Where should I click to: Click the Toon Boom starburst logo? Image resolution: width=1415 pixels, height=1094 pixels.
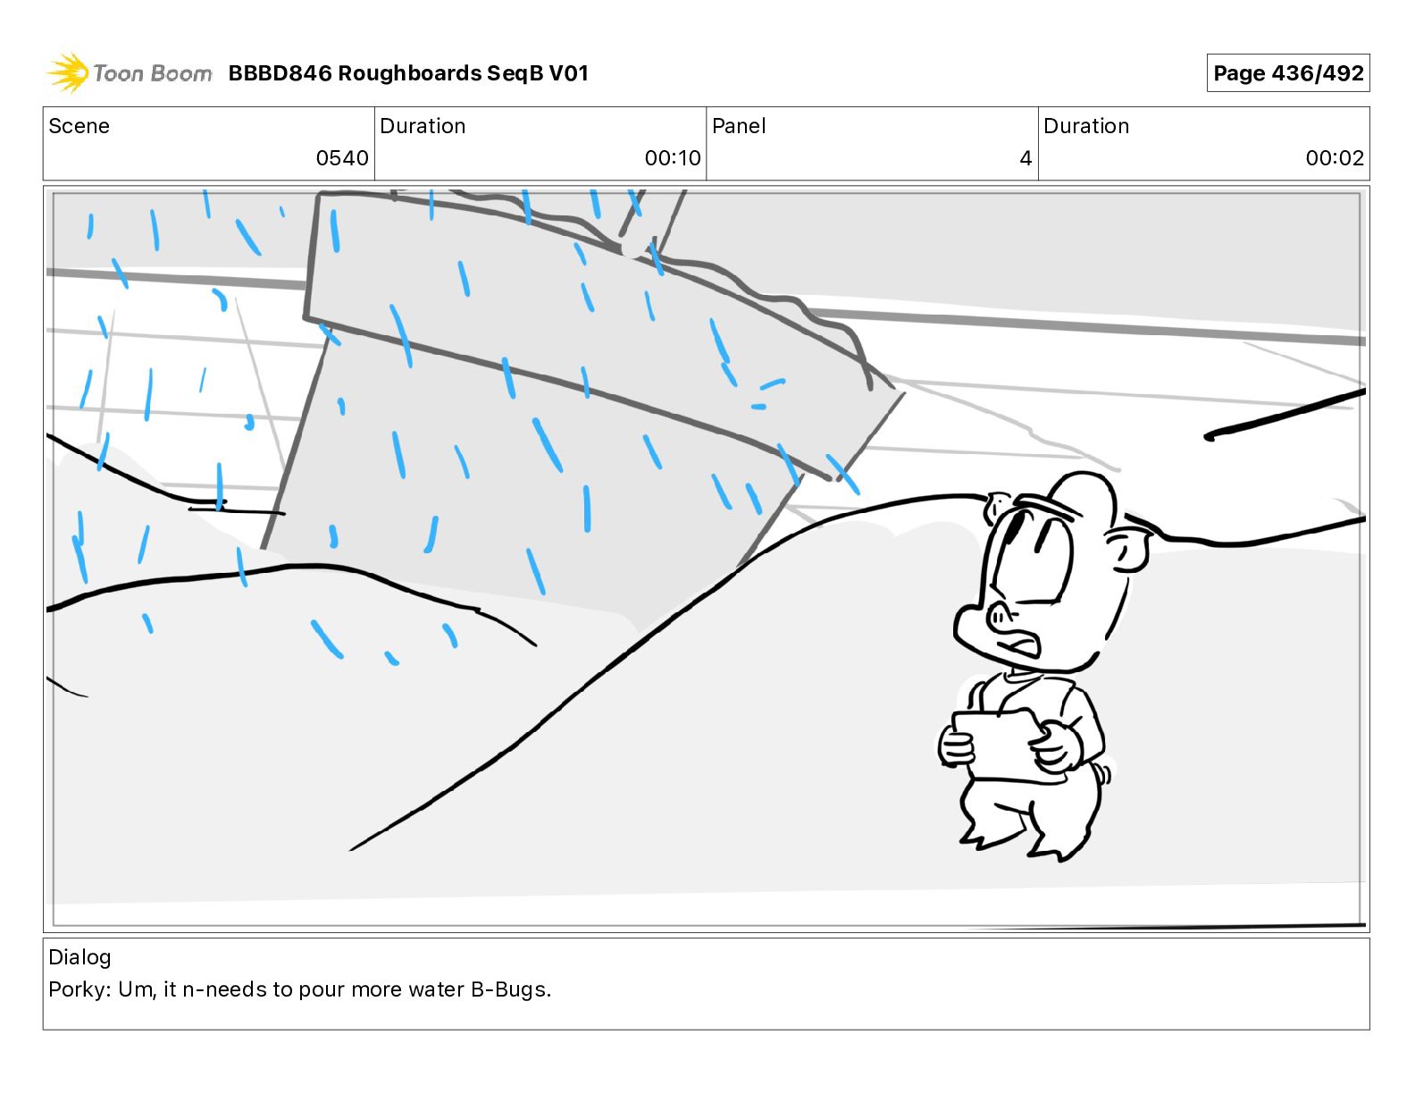pos(68,72)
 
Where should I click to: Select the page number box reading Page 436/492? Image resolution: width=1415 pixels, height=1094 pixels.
pos(1287,73)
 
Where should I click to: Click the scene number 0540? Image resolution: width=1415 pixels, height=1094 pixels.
pos(342,157)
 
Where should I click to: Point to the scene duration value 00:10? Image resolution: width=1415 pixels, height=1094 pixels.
pos(672,157)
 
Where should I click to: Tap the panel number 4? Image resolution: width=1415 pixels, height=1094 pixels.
pos(1026,157)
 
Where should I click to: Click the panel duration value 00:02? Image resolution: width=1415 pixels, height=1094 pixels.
pos(1335,157)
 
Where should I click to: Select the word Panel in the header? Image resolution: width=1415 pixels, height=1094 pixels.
pos(739,126)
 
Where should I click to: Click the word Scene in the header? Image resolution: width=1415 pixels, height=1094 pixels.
pos(79,126)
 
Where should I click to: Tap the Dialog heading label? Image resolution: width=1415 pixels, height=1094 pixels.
pos(80,957)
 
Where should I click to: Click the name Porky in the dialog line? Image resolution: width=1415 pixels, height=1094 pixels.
pos(79,989)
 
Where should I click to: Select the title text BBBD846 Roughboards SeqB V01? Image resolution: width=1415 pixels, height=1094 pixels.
pos(408,73)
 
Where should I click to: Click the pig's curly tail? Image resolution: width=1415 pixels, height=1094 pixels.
pos(1104,774)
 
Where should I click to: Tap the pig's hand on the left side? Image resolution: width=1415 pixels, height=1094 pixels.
pos(957,746)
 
